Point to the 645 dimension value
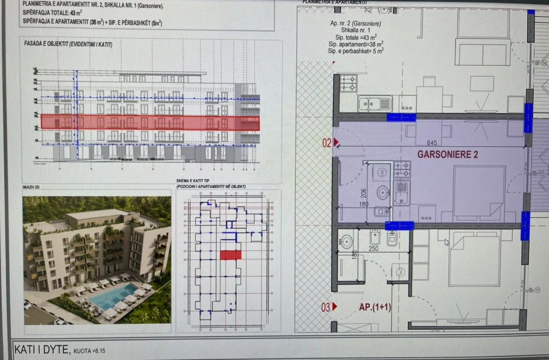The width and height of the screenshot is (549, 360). pyautogui.click(x=431, y=142)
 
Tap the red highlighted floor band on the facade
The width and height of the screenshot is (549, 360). pyautogui.click(x=150, y=122)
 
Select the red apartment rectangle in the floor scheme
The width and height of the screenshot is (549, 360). pyautogui.click(x=230, y=255)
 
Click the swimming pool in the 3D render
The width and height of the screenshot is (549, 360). pyautogui.click(x=112, y=296)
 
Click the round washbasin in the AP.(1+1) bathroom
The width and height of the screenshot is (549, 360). pyautogui.click(x=399, y=272)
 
